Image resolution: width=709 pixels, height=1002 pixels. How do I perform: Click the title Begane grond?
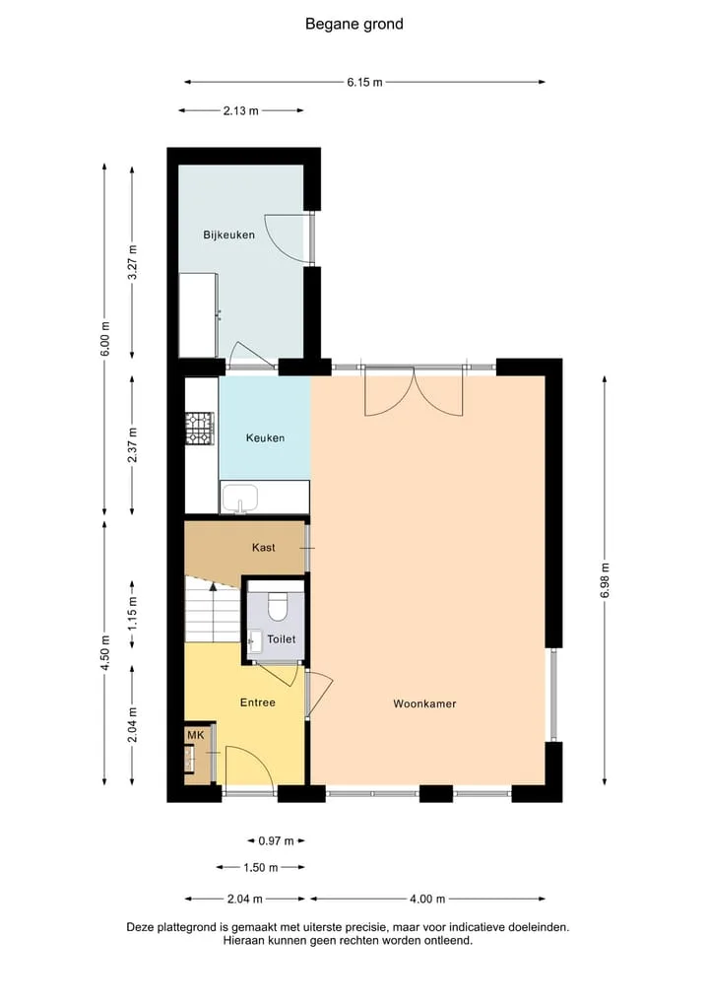354,25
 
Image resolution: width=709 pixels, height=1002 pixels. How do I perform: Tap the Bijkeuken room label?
228,234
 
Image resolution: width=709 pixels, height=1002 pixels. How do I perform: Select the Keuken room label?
265,437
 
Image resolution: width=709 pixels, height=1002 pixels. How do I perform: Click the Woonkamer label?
424,703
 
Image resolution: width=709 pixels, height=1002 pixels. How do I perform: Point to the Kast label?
264,547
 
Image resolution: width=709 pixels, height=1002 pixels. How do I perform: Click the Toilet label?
281,639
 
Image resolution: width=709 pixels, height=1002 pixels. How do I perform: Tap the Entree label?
257,702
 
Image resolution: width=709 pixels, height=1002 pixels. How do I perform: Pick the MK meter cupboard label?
195,735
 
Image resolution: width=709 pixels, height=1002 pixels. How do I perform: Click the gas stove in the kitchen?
199,429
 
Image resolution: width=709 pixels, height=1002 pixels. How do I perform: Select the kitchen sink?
239,498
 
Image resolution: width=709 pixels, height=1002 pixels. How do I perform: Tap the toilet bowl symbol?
278,607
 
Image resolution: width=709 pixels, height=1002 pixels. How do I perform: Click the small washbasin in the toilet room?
255,641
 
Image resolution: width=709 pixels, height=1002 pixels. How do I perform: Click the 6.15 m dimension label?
364,82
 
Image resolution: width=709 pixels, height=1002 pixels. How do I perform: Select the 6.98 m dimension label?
605,580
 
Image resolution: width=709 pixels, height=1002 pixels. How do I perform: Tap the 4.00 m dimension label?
427,899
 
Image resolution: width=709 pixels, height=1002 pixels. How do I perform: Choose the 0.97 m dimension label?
276,841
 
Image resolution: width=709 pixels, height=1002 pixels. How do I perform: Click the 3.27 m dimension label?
132,263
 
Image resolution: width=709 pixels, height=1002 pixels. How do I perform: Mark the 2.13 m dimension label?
241,110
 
